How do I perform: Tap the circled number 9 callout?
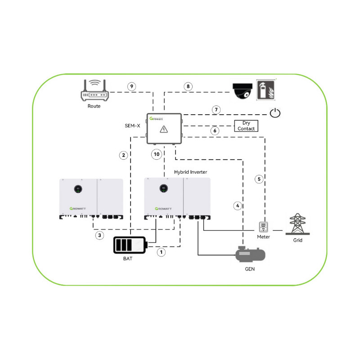point(131,86)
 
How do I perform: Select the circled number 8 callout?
point(189,86)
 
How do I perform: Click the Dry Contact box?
point(248,126)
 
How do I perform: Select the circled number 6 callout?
point(215,130)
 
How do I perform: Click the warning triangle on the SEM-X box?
point(164,130)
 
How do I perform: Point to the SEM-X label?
point(132,126)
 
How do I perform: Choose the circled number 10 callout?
point(156,154)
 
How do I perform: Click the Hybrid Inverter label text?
point(191,172)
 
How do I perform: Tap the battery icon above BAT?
point(131,246)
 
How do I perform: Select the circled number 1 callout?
point(161,252)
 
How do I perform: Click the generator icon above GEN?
point(251,255)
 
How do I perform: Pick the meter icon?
point(263,226)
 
